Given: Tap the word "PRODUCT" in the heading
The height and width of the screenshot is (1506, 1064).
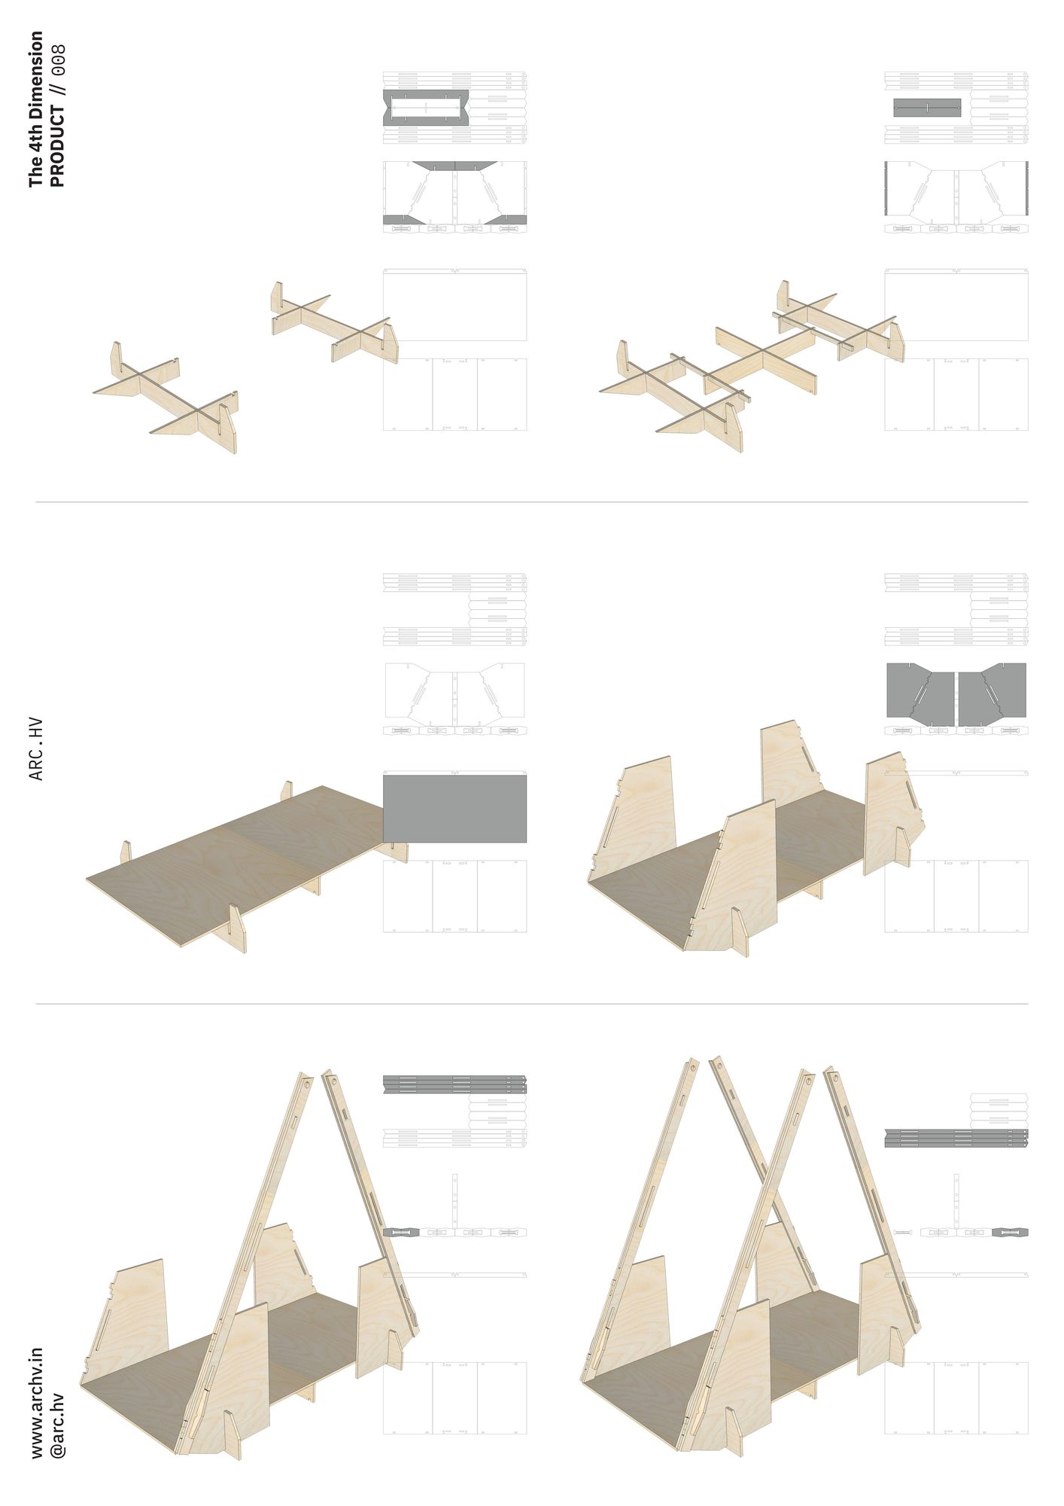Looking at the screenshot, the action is pos(56,146).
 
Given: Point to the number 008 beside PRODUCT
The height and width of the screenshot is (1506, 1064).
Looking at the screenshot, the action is pos(57,59).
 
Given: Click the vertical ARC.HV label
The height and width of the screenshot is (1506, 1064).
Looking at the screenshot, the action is pos(36,749).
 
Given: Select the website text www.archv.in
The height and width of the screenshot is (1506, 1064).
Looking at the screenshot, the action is pos(37,1404).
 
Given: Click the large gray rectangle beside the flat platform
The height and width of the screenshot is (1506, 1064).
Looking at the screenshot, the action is pos(454,809).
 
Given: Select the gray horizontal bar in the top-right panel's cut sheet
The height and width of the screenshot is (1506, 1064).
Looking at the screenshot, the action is pos(927,108).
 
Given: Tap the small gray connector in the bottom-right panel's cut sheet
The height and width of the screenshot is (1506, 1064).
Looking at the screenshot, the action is pos(1010,1233).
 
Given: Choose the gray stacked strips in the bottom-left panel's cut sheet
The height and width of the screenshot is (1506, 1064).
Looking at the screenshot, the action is pos(454,1084).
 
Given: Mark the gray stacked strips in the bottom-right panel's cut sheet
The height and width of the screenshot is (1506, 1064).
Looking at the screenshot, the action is pos(956,1138).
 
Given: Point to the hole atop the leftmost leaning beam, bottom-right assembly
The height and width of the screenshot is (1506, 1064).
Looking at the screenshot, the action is pos(693,1067).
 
